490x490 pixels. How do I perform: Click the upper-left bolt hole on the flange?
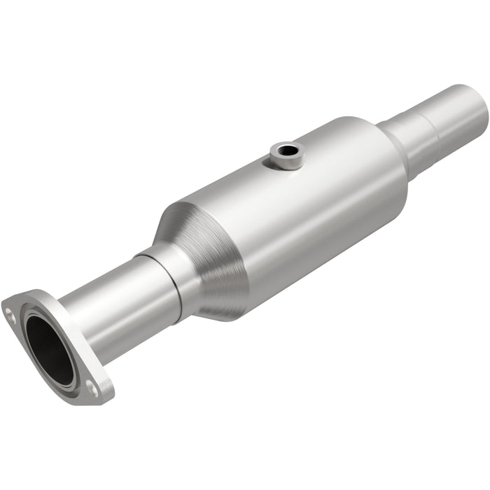[9, 309]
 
